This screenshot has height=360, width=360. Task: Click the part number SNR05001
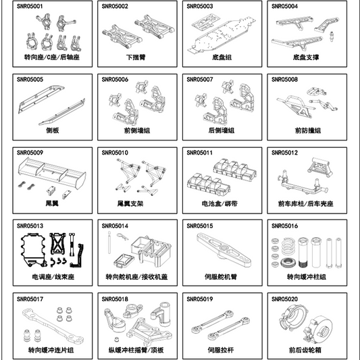[30, 6]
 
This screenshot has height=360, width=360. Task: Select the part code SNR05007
[199, 79]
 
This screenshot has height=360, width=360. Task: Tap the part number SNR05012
[284, 152]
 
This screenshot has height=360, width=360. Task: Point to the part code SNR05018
[115, 298]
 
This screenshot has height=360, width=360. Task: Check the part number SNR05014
[115, 225]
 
